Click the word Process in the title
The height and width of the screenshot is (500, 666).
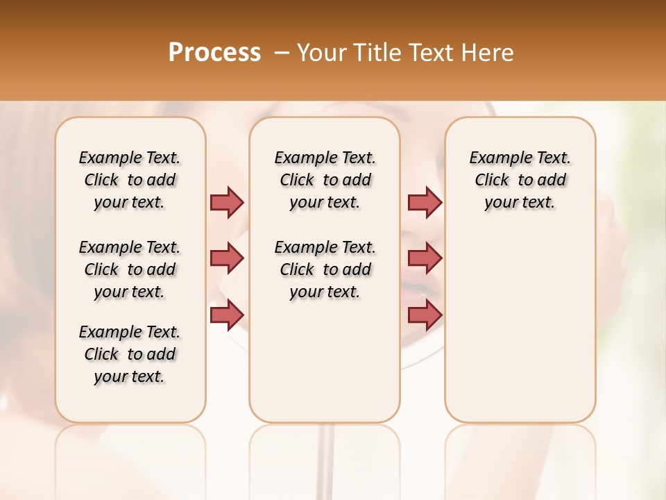pos(214,52)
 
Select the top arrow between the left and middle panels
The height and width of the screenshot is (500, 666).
pos(227,202)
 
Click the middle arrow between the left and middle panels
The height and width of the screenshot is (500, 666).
pos(227,258)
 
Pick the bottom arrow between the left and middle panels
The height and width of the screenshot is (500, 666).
pos(227,315)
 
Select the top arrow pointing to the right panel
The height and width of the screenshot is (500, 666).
pos(425,202)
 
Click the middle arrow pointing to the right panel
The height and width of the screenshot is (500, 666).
pos(425,258)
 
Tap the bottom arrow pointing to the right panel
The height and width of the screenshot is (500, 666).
pos(425,315)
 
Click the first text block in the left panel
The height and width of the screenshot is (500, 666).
pos(130,180)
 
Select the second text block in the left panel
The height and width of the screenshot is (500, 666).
pos(130,269)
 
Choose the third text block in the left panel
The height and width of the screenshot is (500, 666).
pos(130,354)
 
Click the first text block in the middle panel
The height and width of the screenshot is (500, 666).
pos(325,180)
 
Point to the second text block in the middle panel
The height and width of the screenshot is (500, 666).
pos(325,269)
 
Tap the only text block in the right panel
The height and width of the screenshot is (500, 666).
pos(520,180)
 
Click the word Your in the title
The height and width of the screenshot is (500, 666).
pos(321,52)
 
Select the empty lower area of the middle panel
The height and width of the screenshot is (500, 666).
pos(325,361)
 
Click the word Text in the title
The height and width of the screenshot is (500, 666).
pos(434,52)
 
